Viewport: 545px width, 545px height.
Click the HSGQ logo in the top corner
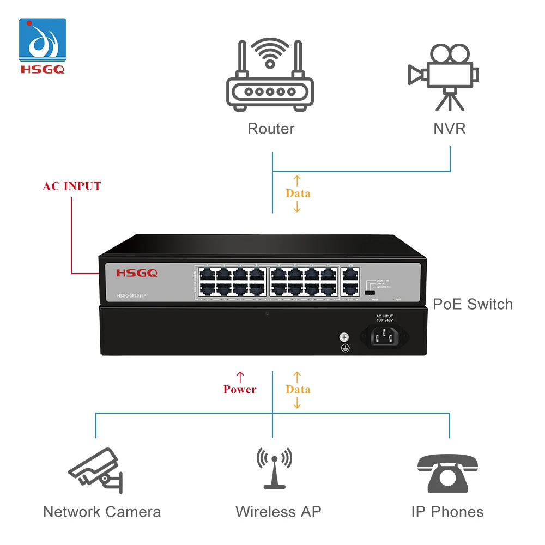click(43, 46)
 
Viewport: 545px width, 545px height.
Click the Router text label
click(271, 129)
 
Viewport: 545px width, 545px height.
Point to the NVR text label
click(450, 129)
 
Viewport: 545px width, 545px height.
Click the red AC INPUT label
click(72, 186)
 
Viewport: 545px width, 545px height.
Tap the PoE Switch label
click(473, 304)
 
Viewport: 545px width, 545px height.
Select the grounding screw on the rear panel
click(344, 337)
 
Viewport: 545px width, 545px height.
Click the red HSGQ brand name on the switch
click(137, 273)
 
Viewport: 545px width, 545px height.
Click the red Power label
click(239, 390)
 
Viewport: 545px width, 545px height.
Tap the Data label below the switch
click(298, 390)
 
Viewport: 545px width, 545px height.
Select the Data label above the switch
click(298, 193)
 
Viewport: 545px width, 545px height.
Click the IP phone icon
click(447, 472)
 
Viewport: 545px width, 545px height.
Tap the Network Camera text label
click(102, 512)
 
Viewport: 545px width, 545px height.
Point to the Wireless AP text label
click(278, 512)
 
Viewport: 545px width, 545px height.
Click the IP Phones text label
click(447, 512)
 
